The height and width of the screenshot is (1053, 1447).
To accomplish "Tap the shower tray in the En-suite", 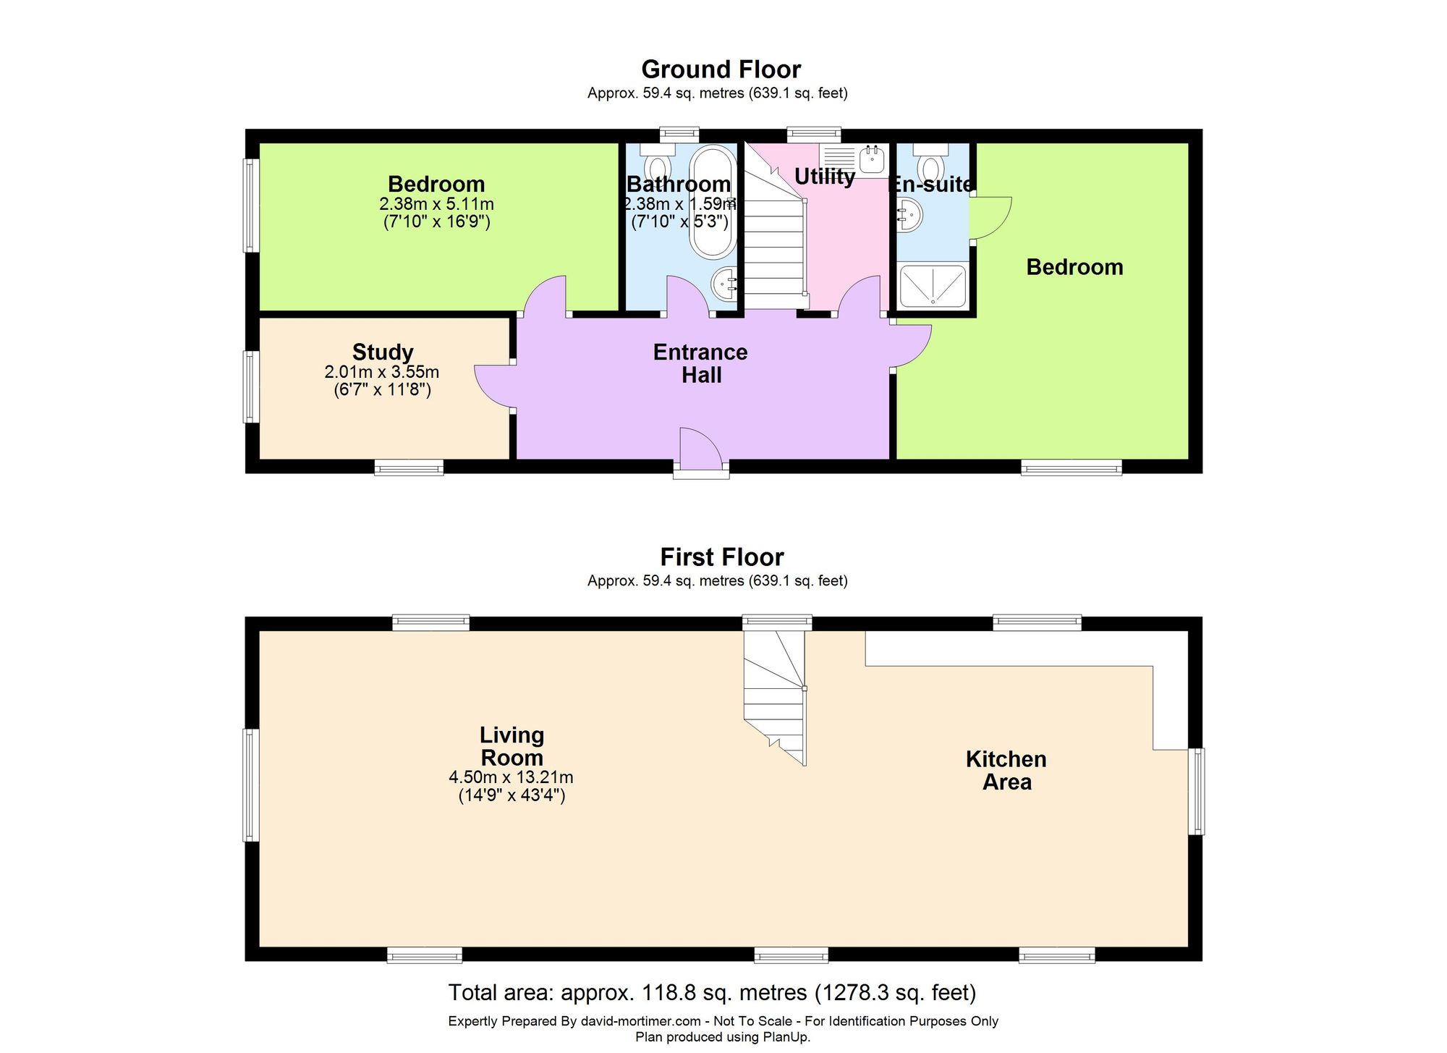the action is (x=933, y=285).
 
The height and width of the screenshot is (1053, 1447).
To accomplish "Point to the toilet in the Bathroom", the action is (x=657, y=161).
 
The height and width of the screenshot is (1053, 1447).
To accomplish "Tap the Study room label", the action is (x=383, y=352).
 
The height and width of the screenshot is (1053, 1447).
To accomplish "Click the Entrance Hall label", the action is (x=700, y=363).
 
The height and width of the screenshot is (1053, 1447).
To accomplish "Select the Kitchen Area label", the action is (x=1006, y=770).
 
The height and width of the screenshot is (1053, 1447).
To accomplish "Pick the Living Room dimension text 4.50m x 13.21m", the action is (x=511, y=777).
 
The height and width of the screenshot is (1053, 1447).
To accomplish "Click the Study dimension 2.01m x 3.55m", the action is (x=382, y=372).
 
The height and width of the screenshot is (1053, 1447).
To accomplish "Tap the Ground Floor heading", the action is (x=721, y=69).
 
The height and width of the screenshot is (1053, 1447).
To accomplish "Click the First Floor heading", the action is (x=722, y=557).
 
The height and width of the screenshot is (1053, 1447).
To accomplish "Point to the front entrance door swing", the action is (x=701, y=447).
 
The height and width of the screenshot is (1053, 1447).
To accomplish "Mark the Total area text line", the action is (x=713, y=992).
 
